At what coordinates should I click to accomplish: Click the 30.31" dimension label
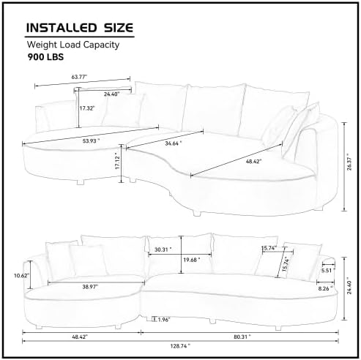[x=164, y=250]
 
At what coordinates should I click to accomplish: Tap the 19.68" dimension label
[x=192, y=260]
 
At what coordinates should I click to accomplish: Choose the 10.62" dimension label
[x=21, y=275]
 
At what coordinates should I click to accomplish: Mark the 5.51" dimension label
[x=326, y=270]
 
